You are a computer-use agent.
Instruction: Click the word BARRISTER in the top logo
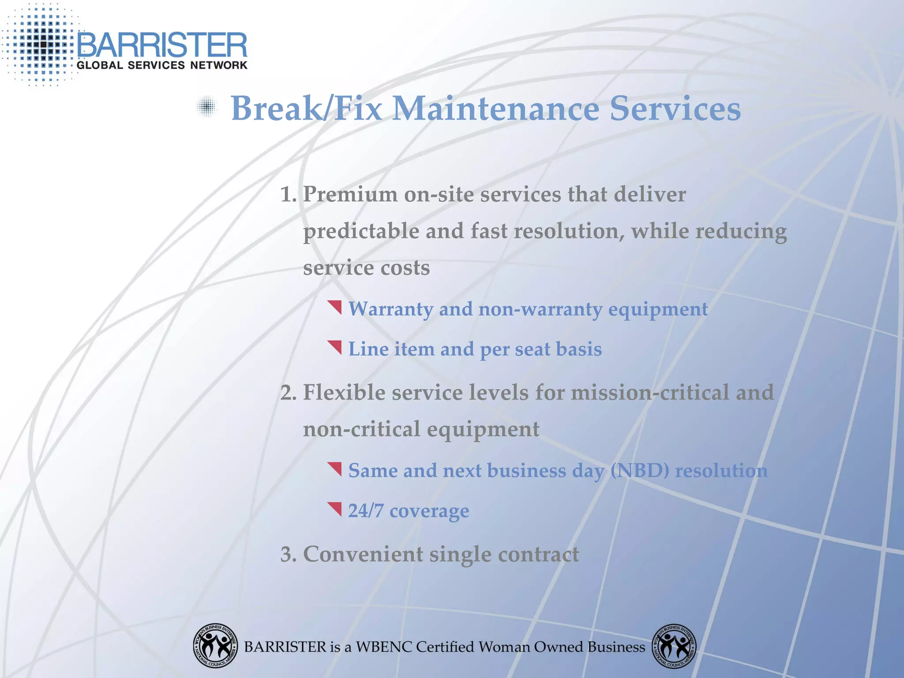tap(162, 45)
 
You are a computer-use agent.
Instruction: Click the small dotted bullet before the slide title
tap(207, 107)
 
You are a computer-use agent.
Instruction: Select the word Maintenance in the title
tap(496, 109)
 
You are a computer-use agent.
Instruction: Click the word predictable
tap(361, 231)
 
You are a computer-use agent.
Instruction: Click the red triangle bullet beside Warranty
tap(335, 307)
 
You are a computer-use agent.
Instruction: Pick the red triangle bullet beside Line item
tap(335, 347)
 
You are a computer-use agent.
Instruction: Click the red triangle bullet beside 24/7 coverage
tap(335, 508)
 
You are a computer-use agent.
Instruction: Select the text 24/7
tap(366, 511)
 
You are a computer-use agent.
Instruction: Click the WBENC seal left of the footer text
tap(215, 646)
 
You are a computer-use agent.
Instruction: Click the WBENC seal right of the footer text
tap(674, 646)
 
